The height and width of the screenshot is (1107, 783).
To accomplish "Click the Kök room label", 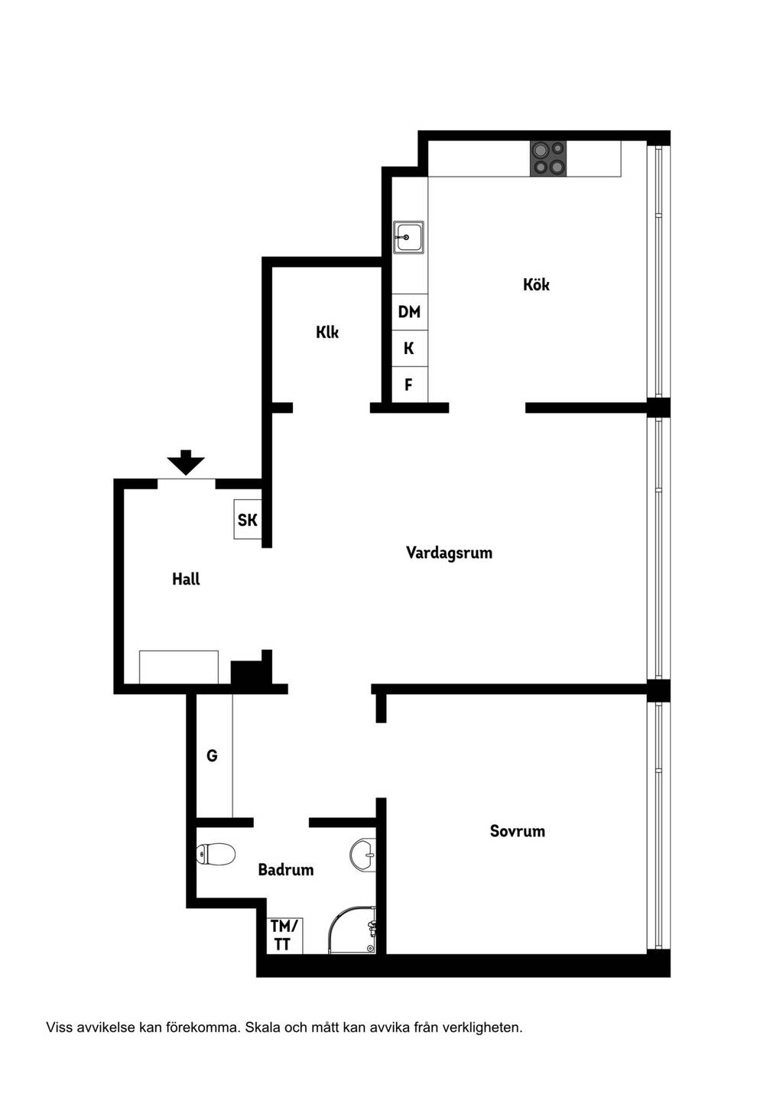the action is coord(536,284).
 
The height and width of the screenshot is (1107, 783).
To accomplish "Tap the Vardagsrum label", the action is coord(449,553).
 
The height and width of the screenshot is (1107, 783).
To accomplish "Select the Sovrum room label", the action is coord(517,831).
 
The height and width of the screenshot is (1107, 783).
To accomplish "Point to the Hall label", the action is coord(186,579).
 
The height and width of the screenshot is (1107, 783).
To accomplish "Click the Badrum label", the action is coord(286,869).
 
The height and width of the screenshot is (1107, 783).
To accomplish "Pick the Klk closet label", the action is coord(327,332).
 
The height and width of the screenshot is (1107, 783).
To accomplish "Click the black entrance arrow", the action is coord(185,463).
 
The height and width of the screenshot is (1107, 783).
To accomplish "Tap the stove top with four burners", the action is coord(548,159).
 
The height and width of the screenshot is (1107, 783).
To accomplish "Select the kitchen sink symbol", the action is coord(408,237).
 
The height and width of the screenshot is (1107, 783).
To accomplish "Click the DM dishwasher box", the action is coord(410,312).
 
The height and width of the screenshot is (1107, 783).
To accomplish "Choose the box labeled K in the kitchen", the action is coord(410,349).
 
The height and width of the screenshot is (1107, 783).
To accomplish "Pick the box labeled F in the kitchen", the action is coord(410,384).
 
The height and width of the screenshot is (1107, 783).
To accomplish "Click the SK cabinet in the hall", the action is coord(248,519).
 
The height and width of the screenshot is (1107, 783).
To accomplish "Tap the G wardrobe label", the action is coord(212,755).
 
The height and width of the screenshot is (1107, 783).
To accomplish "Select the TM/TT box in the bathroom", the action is coord(284,936).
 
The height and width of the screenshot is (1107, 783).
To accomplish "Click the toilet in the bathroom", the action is coord(216,853).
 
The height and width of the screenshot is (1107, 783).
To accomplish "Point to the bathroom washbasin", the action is coord(363,853).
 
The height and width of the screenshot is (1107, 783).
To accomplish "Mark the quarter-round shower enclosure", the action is coord(352,930).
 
